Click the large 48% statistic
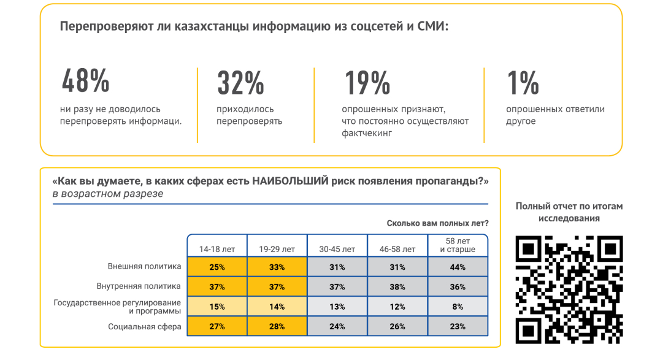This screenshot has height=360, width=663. click(86, 82)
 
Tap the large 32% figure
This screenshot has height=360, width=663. click(240, 83)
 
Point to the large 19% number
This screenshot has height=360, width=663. click(367, 83)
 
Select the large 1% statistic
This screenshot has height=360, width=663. click(523, 83)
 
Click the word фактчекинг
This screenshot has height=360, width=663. click(367, 133)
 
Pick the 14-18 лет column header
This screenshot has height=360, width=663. click(217, 249)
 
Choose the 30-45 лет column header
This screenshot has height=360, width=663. click(337, 249)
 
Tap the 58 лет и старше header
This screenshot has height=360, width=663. click(458, 245)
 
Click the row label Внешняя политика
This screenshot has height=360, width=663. click(145, 267)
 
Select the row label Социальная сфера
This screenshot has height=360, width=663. click(145, 327)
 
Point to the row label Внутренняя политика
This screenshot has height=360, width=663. click(139, 286)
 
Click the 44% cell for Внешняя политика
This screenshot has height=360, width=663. click(458, 267)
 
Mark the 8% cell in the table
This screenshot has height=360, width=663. click(458, 307)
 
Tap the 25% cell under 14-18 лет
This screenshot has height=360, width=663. click(217, 267)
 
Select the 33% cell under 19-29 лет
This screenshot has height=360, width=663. click(277, 267)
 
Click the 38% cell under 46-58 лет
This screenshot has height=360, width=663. click(397, 287)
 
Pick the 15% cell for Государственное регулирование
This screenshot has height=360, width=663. click(217, 307)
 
